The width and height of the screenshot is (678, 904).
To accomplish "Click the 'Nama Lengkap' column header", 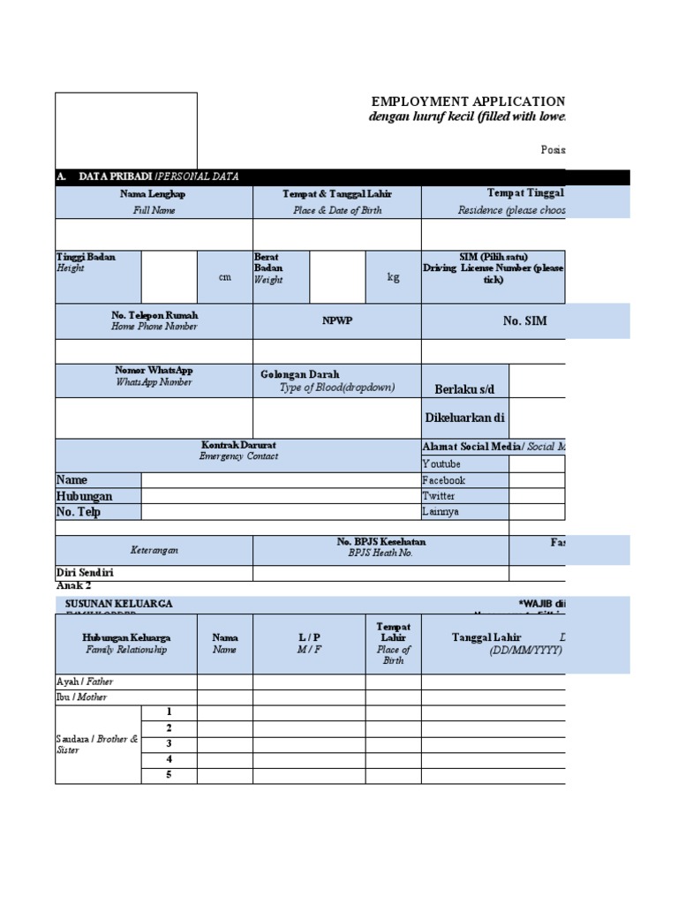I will tap(154, 194).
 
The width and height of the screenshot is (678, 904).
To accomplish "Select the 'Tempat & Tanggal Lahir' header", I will tap(337, 194).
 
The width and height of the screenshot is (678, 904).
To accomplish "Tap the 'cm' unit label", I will tap(225, 277).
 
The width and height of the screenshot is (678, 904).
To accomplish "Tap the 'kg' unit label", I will tap(394, 277).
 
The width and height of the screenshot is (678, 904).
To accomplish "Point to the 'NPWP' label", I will tap(337, 320).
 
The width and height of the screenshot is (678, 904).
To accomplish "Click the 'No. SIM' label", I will tap(524, 321).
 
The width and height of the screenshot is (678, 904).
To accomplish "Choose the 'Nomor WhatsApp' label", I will tap(154, 371).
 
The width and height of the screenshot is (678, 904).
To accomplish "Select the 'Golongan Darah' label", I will tap(300, 374).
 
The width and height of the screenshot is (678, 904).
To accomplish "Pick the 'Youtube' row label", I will tap(441, 464).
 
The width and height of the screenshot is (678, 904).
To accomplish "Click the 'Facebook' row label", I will tap(443, 480).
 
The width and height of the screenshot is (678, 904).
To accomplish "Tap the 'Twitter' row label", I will tap(439, 496).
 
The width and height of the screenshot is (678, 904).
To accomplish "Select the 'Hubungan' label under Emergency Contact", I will tap(85, 496).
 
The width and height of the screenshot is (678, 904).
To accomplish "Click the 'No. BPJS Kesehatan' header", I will tap(380, 542).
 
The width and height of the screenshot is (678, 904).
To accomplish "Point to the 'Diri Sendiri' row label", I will tap(85, 573).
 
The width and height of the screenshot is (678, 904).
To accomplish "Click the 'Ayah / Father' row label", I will tap(85, 682).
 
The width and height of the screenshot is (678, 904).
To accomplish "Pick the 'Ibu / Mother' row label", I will tap(82, 697).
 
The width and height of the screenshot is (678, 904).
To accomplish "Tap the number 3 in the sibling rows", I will tap(169, 743).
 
